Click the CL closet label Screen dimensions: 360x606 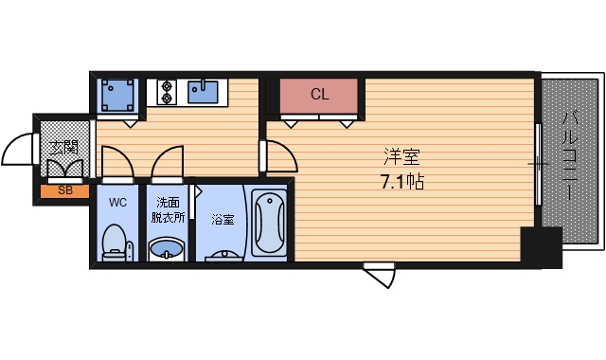tap(319, 95)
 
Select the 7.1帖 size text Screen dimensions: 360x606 tap(401, 182)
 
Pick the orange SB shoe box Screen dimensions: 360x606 tap(64, 190)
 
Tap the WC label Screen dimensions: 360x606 tap(117, 203)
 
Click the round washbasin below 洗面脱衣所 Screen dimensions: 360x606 tap(169, 250)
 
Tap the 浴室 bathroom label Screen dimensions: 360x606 tap(223, 220)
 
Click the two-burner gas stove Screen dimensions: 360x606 tap(168, 91)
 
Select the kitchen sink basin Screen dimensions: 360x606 tap(203, 91)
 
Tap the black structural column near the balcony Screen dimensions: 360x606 tap(541, 248)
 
